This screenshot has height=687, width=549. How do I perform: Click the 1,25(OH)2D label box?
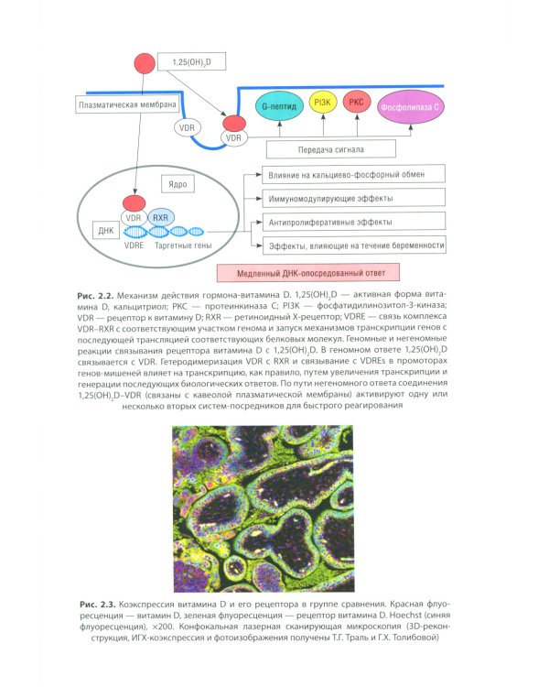[191, 61]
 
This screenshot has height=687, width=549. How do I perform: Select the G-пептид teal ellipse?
[279, 106]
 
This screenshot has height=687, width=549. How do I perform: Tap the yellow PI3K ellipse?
[323, 103]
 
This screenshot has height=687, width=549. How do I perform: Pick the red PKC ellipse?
[356, 103]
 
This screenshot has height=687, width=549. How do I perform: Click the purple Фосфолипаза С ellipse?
[410, 107]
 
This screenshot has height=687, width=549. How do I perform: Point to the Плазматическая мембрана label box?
[127, 104]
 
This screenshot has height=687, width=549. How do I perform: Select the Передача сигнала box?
[331, 149]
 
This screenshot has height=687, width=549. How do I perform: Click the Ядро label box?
[178, 184]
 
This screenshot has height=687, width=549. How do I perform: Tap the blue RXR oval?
[161, 217]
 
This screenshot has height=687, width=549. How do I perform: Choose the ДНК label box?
[106, 231]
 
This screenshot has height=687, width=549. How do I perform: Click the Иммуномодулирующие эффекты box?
[354, 198]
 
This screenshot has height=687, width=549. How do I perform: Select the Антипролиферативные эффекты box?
[354, 222]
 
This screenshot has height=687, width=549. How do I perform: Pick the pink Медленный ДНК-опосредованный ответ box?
[308, 273]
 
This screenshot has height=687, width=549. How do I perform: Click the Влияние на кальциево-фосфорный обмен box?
[354, 174]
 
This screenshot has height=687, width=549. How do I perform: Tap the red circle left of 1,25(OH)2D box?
[145, 63]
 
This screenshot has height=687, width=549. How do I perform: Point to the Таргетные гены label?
[183, 245]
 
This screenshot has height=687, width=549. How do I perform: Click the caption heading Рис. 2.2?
[95, 296]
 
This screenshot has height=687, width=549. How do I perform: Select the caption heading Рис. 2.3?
[98, 605]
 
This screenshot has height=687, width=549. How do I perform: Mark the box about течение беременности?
[354, 245]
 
